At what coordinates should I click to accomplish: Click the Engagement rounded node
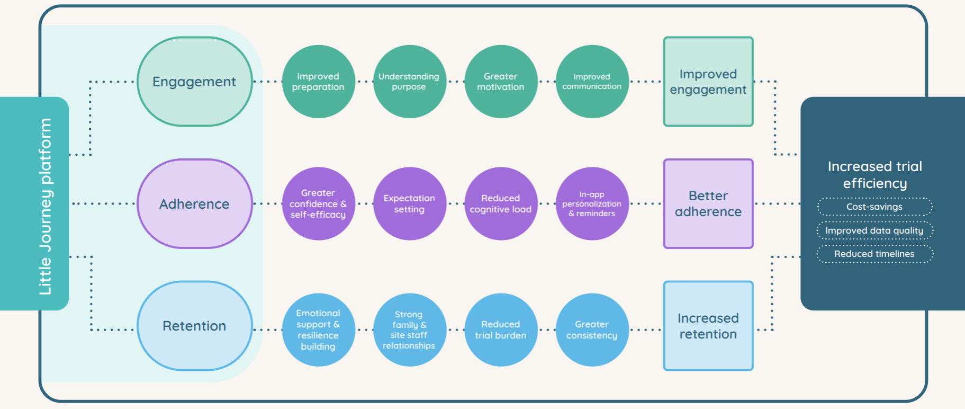point(194,82)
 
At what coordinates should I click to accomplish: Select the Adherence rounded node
point(194,204)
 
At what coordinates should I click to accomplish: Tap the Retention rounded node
point(194,326)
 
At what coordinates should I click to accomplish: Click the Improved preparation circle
point(318,82)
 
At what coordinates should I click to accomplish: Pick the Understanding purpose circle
point(409,82)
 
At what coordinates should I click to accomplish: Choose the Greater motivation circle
point(501,82)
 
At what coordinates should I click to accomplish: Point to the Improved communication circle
point(592,82)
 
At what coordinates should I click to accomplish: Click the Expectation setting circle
point(409,204)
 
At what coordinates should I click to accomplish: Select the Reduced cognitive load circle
point(501,204)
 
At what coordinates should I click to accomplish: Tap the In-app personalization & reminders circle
point(592,204)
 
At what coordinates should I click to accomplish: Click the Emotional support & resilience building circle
point(318,330)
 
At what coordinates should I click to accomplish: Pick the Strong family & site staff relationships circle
point(409,330)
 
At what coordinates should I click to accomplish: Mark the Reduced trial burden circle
point(501,330)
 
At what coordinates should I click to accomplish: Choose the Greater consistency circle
point(592,330)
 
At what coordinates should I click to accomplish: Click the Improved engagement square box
point(708,82)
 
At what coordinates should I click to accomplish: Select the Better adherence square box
point(708,204)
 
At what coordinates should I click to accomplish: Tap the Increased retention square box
point(708,326)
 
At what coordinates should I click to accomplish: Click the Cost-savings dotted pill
point(874,207)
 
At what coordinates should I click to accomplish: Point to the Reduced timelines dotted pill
point(874,254)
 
